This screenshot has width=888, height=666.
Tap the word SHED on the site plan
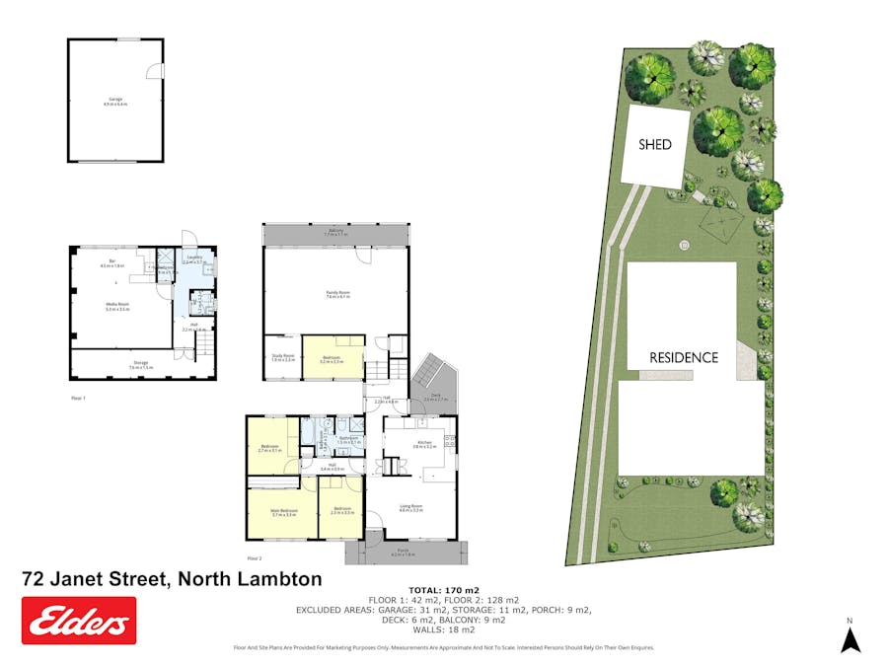pyautogui.click(x=655, y=145)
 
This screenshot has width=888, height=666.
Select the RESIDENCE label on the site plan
pyautogui.click(x=684, y=357)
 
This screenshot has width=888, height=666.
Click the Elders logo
pyautogui.click(x=79, y=621)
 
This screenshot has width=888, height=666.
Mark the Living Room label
pyautogui.click(x=411, y=508)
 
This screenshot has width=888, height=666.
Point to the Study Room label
pyautogui.click(x=282, y=358)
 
